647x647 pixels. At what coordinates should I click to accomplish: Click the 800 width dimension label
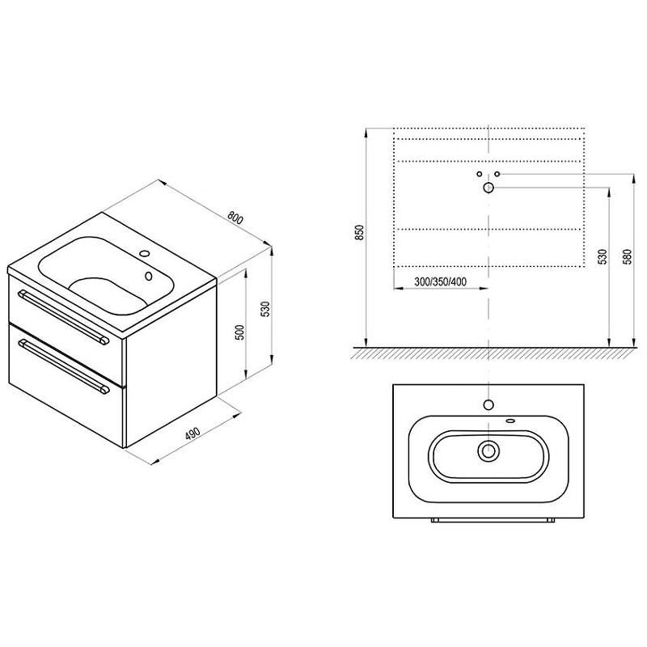click(235, 218)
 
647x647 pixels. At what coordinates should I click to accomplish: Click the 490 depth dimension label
click(192, 433)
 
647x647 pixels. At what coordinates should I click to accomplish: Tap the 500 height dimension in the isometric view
click(239, 332)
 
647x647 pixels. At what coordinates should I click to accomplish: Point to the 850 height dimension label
click(360, 233)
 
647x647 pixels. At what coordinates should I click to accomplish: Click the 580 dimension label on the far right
click(628, 256)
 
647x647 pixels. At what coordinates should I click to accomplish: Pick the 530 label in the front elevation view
click(603, 256)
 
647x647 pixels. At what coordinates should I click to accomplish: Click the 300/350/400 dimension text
click(440, 281)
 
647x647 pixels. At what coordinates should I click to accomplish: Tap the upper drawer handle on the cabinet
click(63, 315)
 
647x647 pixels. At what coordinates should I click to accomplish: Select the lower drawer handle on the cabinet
click(64, 366)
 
